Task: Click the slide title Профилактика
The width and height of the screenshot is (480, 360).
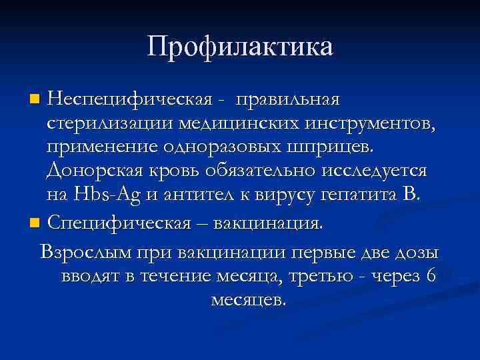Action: (x=240, y=47)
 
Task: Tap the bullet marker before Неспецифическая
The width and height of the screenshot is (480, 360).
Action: (x=35, y=101)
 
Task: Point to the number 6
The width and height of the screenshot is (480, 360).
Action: (x=431, y=276)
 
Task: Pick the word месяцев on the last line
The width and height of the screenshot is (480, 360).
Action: (x=247, y=300)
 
